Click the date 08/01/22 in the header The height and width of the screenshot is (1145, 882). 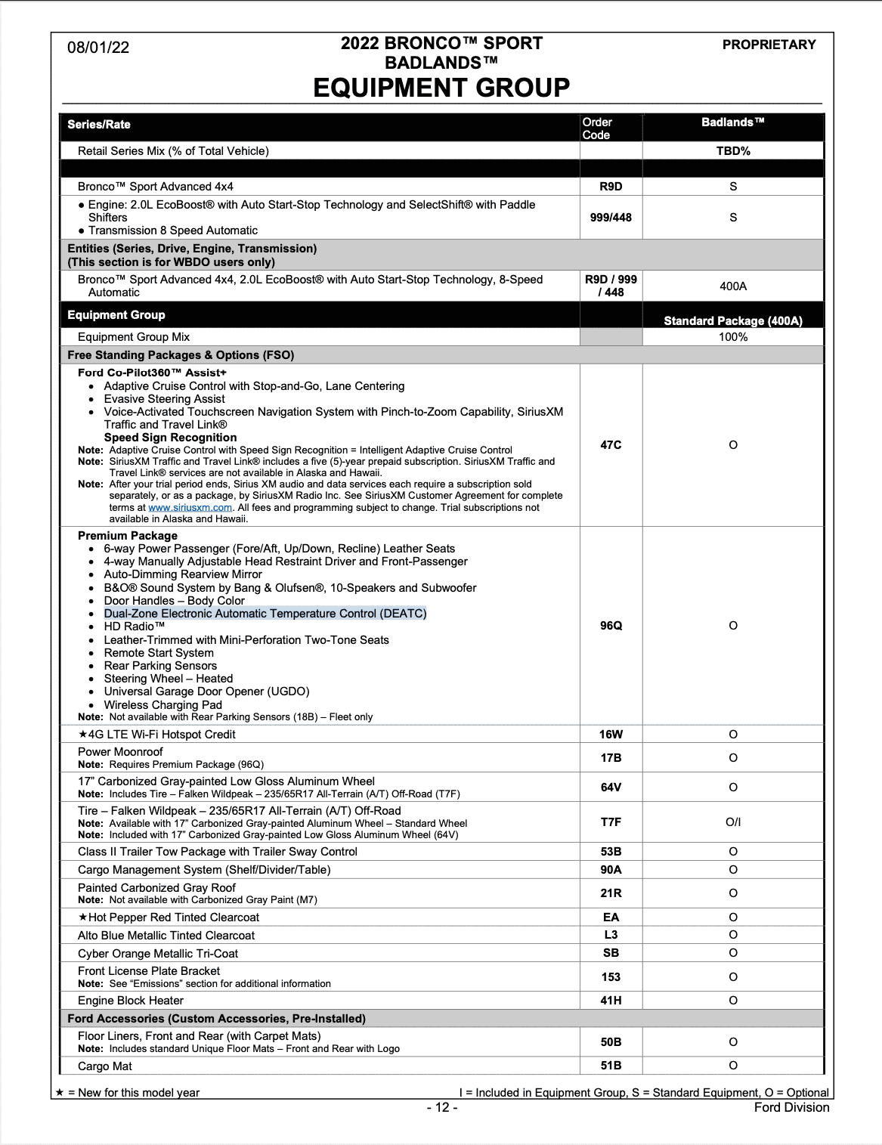coord(98,48)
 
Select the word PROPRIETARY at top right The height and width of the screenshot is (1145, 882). coord(769,45)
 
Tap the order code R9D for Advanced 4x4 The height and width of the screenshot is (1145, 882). coord(611,187)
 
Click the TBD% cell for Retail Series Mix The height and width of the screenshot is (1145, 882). coord(733,151)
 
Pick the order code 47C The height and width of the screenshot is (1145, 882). coord(611,445)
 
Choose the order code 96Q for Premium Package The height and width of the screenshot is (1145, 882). coord(611,626)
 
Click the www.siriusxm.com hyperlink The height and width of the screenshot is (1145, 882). coord(190,508)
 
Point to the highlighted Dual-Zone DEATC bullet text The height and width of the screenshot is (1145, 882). coord(265,614)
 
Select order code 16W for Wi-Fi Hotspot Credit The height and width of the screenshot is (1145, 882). coord(611,735)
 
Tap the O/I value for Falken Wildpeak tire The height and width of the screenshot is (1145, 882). coord(733,822)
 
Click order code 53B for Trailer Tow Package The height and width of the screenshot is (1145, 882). coord(611,852)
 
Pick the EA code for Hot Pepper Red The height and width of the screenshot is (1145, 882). coord(611,918)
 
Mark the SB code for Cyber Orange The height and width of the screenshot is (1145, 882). coord(611,954)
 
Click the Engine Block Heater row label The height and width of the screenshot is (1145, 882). coord(131,1001)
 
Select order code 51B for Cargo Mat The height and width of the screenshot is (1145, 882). coord(611,1066)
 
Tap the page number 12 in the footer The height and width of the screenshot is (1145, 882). coord(442,1107)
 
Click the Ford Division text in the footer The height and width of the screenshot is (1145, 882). coord(791,1107)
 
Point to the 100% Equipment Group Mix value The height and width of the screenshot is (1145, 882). coord(733,337)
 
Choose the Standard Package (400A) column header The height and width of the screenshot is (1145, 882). coord(733,321)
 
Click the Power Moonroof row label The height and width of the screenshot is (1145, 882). coord(120,752)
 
